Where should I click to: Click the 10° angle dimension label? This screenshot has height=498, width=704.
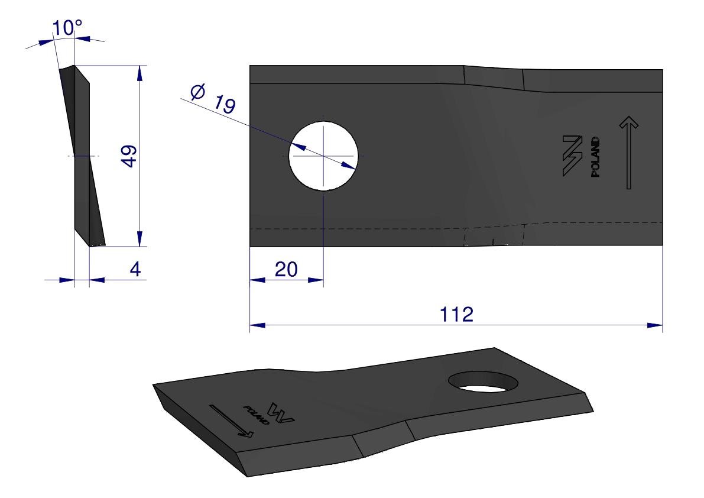[x=67, y=28]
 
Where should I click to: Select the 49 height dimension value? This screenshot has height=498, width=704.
[x=130, y=156]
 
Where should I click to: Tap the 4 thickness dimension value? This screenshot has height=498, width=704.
[x=135, y=269]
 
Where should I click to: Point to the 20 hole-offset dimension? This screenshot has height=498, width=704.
[x=286, y=269]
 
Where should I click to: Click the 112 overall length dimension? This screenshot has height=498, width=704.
[x=456, y=314]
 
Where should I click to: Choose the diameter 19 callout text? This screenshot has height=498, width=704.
[x=213, y=98]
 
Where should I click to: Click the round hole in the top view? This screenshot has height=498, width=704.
[x=323, y=156]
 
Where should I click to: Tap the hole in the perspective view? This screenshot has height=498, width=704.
[x=483, y=381]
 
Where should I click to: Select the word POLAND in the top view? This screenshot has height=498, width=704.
[x=595, y=157]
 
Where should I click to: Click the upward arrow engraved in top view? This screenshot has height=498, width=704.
[x=629, y=153]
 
